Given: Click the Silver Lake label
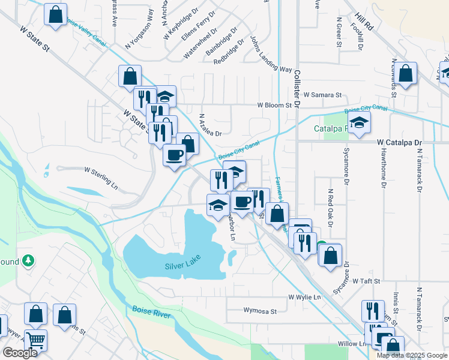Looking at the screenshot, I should click(x=182, y=265).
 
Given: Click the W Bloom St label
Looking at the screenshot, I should click(x=274, y=105).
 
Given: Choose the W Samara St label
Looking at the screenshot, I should click(x=322, y=95).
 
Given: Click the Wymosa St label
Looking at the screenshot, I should click(x=260, y=311).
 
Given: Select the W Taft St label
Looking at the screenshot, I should click(x=367, y=281).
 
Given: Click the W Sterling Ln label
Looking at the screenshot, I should click(x=101, y=178).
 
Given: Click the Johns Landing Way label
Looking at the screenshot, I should click(x=270, y=53).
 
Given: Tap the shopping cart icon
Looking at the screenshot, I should click(x=36, y=340).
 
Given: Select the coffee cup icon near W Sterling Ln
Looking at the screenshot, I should click(x=175, y=155).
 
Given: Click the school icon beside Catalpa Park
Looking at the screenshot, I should click(x=359, y=123).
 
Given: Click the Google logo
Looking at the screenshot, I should click(x=20, y=353).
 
